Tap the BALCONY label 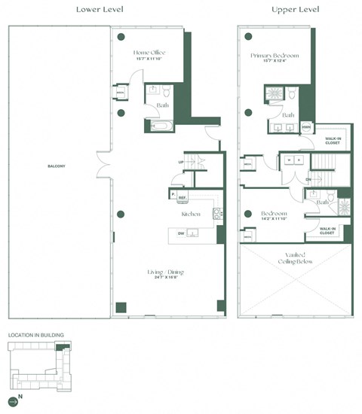point(56,165)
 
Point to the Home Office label point(149,52)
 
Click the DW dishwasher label point(181,233)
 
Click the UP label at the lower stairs point(181,162)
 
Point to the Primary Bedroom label point(275,55)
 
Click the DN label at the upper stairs point(308,179)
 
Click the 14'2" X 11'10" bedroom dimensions point(275,219)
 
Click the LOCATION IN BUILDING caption point(35,333)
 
